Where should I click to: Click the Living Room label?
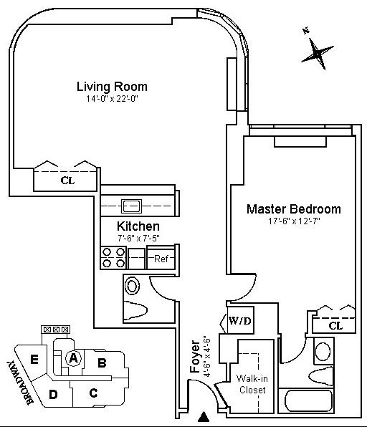[x=112, y=87]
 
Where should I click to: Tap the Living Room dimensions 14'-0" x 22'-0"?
[x=112, y=99]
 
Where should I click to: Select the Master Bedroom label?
[x=294, y=209]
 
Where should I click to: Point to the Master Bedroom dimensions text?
[x=294, y=221]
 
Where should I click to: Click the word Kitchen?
[x=138, y=226]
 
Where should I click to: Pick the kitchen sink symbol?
[x=132, y=206]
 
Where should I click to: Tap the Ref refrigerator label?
[x=161, y=259]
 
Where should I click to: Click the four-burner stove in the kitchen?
[x=113, y=258]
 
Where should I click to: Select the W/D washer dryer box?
[x=239, y=320]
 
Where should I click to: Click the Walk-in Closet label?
[x=252, y=384]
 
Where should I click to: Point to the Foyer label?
[x=196, y=357]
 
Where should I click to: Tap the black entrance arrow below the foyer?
[x=204, y=417]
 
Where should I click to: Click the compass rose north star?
[x=317, y=53]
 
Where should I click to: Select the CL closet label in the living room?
[x=67, y=181]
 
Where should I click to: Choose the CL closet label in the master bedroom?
[x=335, y=326]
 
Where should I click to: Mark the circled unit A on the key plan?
[x=73, y=358]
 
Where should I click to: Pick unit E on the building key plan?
[x=34, y=360]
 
